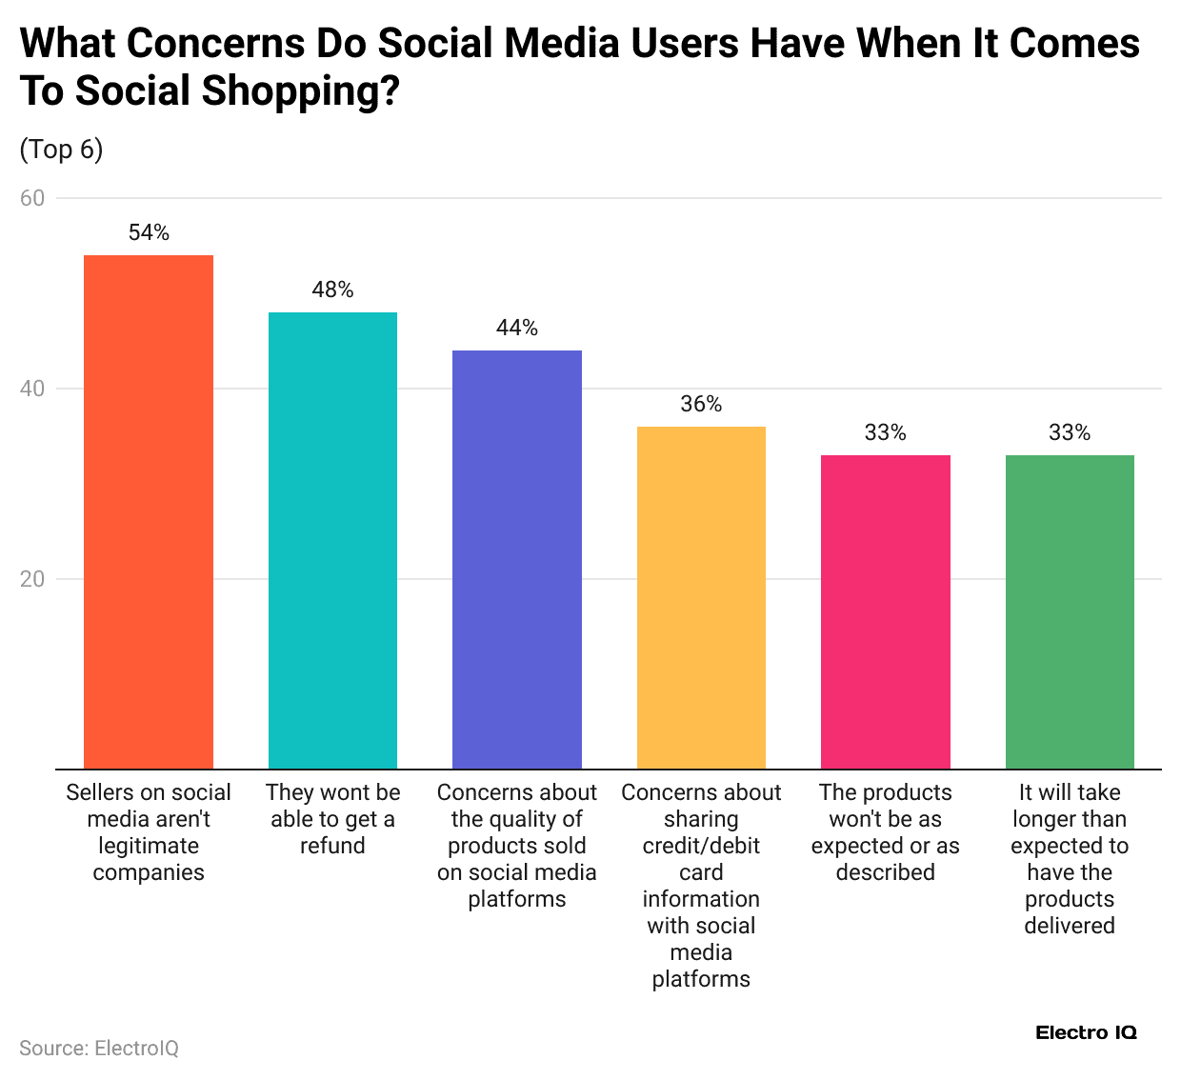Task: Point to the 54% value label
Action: point(149,232)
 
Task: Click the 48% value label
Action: point(332,290)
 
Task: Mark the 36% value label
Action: point(701,404)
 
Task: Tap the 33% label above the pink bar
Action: point(885,432)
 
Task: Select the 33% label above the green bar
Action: point(1070,432)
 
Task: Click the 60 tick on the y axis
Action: point(32,198)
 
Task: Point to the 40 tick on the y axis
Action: point(32,389)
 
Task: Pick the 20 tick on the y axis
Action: point(32,579)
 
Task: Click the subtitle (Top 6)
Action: point(61,150)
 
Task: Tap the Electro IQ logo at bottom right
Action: point(1086,1032)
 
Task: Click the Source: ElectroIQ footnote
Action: point(99,1048)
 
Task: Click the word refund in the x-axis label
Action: point(332,846)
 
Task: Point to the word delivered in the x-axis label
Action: point(1070,926)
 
